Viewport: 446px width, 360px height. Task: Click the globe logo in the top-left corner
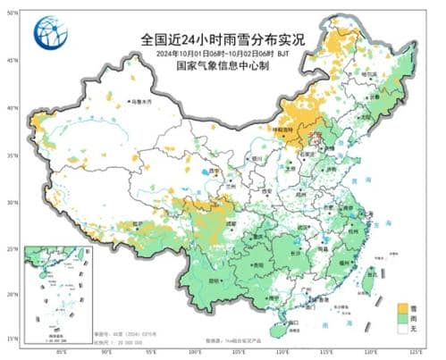[x=50, y=34]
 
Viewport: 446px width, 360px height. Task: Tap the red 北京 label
[x=315, y=137]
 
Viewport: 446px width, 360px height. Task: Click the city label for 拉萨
[x=137, y=223]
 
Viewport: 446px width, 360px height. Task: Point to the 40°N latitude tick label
[x=13, y=108]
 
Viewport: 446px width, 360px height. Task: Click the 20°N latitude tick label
[x=13, y=294]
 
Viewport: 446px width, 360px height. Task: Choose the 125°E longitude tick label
[x=417, y=351]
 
